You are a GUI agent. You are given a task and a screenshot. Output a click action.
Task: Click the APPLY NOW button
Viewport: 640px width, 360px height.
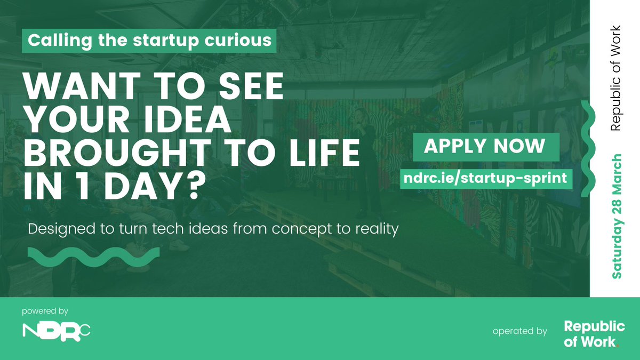click(x=485, y=147)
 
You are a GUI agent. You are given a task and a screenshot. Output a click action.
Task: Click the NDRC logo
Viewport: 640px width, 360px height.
click(x=57, y=331)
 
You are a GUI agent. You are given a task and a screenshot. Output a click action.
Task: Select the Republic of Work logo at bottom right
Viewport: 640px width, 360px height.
click(x=594, y=334)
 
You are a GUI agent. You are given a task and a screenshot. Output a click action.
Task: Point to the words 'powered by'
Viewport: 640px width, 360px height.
click(x=45, y=311)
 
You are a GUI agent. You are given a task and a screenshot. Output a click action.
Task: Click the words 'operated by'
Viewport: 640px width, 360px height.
click(x=520, y=331)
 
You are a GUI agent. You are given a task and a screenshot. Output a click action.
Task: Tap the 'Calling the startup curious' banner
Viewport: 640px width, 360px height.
click(x=149, y=41)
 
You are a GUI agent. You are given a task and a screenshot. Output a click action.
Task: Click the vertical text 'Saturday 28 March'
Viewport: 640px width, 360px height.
click(x=617, y=216)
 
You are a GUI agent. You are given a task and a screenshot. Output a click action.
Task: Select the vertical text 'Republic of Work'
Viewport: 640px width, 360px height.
click(x=616, y=78)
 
